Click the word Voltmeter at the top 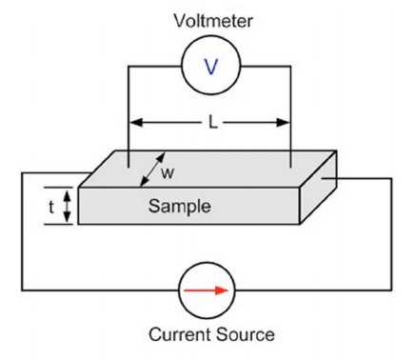click(x=207, y=18)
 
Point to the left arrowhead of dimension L click(x=134, y=122)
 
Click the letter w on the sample click(x=168, y=173)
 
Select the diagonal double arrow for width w click(x=148, y=169)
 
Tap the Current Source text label click(x=208, y=334)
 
